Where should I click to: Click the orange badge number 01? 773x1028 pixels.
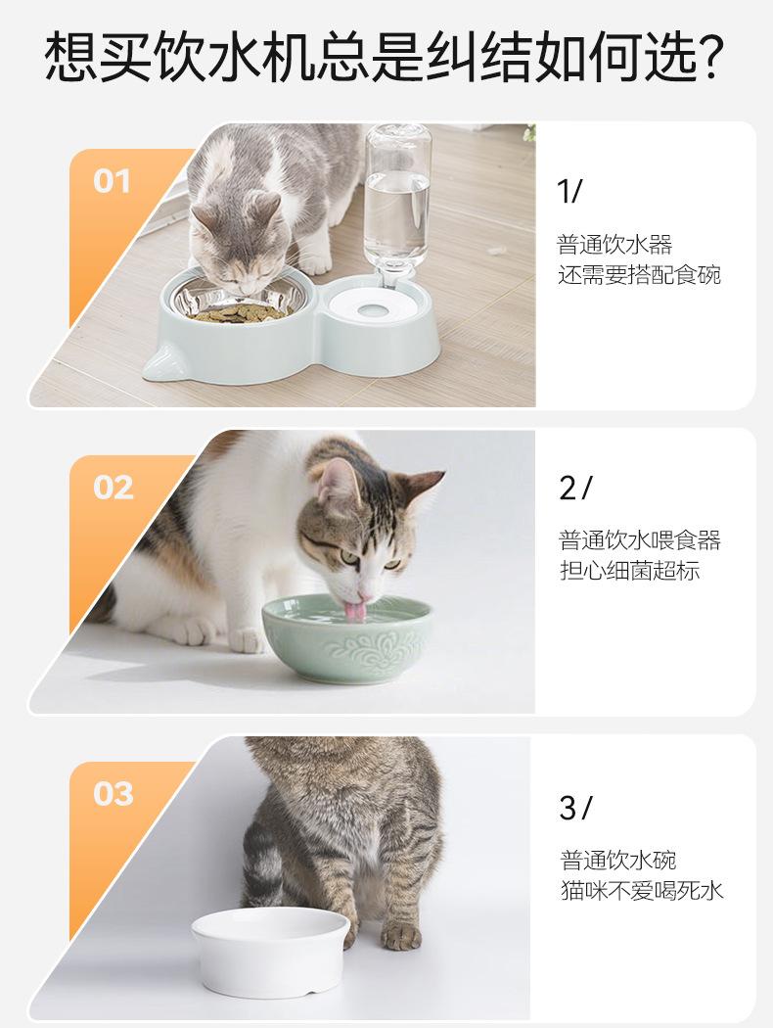coord(112,181)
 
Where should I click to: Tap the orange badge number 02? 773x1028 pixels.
coord(113,488)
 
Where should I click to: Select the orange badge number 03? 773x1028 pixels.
coord(113,794)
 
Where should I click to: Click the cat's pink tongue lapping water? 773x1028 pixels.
coord(356,611)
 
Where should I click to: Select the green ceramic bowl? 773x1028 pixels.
coord(346,638)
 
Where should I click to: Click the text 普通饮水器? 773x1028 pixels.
coord(614,245)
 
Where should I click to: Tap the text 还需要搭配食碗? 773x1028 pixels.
coord(639,275)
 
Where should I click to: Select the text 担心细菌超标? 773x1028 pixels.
coord(629,571)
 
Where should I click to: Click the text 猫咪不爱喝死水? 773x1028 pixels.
coord(642,890)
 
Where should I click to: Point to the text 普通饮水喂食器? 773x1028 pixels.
coord(639,540)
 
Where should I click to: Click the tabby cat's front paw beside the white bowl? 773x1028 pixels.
coord(400,936)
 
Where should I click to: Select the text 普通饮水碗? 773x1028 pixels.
coord(617,861)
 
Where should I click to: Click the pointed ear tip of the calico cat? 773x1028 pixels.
coord(443,472)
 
